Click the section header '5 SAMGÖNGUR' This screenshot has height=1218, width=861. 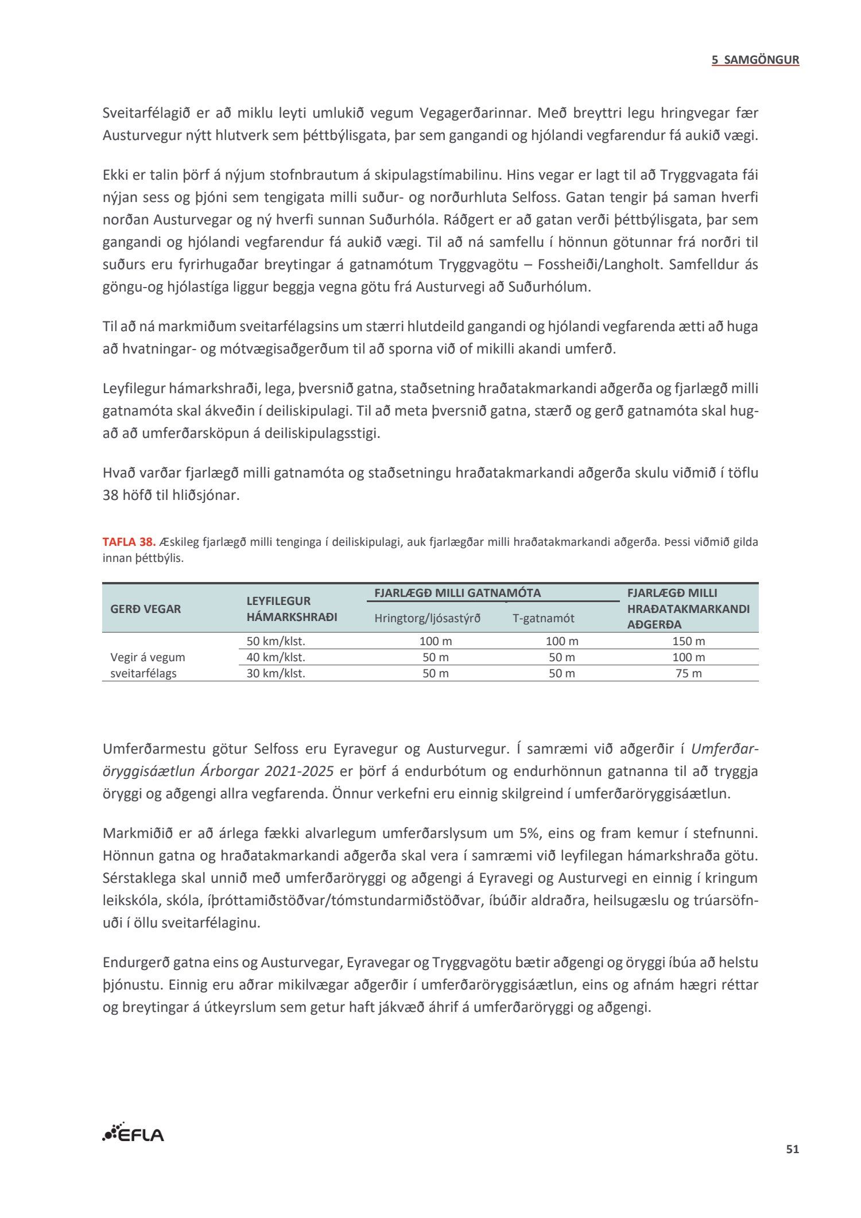click(x=755, y=60)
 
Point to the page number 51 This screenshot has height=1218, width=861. click(x=792, y=1149)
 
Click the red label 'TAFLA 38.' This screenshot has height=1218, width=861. click(x=129, y=542)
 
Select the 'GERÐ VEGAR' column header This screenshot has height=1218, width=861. click(x=145, y=609)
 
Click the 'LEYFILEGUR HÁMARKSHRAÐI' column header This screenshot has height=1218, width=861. click(x=292, y=609)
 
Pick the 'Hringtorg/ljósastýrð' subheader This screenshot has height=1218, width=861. click(x=427, y=618)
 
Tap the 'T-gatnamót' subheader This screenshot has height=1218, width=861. click(x=543, y=618)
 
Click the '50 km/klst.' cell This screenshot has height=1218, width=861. click(x=276, y=641)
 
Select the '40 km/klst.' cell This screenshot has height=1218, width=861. click(x=276, y=657)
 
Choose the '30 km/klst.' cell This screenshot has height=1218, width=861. click(x=276, y=673)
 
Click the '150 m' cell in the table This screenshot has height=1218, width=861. click(x=688, y=641)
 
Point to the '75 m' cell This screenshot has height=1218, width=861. click(x=688, y=673)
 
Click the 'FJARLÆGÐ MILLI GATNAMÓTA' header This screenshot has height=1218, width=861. click(x=457, y=593)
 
